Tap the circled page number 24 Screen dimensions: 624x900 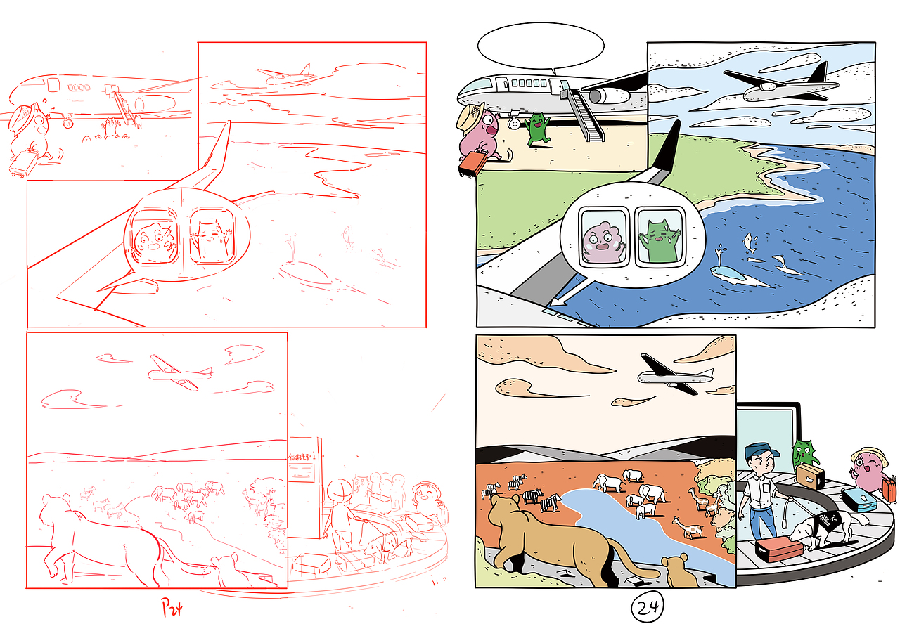[645, 608]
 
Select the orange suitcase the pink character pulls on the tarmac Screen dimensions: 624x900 [470, 163]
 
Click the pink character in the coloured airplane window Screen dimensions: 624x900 [601, 239]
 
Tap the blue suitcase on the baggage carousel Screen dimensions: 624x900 [859, 500]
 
